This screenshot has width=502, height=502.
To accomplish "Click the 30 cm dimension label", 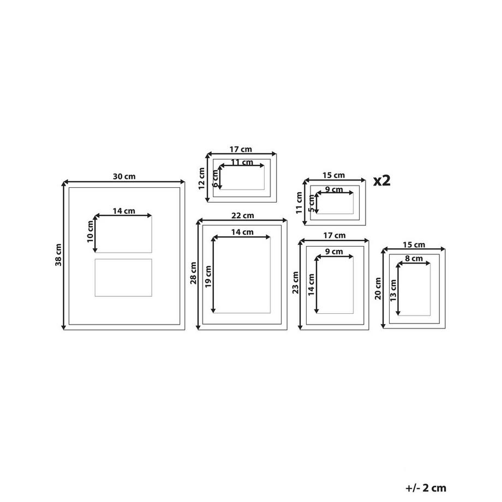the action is tap(124, 176).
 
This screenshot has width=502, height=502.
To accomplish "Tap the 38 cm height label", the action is tap(58, 255).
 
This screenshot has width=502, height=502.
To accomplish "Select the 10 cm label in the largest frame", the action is tap(90, 231).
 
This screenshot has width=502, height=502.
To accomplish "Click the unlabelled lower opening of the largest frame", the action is tap(123, 278).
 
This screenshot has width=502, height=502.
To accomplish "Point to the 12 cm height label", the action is tap(201, 178).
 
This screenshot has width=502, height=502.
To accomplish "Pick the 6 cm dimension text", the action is tap(215, 178).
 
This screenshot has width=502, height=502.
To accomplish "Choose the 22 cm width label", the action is tap(243, 216).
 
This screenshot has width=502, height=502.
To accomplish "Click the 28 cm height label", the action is tap(193, 273).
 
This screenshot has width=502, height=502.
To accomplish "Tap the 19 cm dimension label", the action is tap(208, 277).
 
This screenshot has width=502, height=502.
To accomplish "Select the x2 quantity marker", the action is tap(382, 181).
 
